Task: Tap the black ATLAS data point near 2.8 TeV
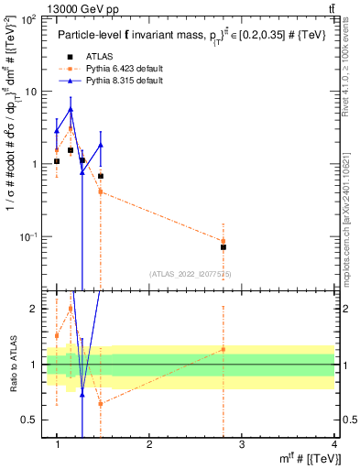224,247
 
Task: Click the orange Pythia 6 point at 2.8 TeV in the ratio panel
224,349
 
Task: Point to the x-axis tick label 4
333,445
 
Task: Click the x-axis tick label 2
149,445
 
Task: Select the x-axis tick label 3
241,445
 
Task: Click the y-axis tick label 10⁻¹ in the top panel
29,237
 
